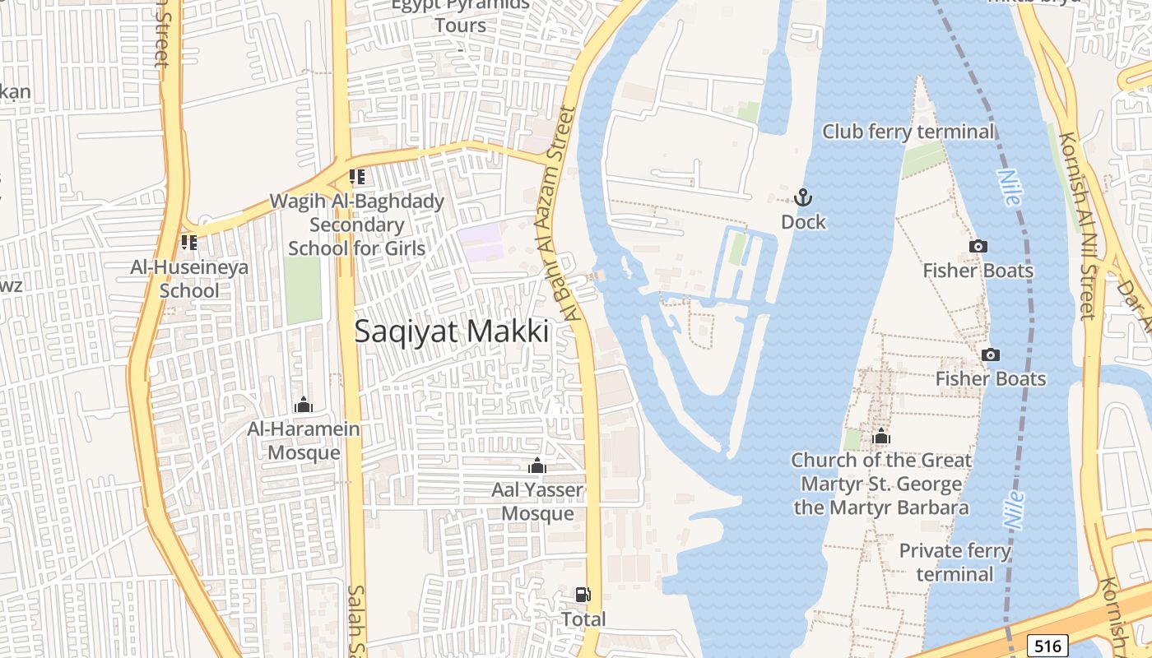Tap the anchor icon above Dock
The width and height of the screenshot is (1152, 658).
pos(802,197)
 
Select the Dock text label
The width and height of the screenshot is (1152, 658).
pos(803,222)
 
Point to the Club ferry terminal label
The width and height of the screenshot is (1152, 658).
pos(908,132)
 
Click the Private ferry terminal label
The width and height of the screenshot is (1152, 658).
pos(955,562)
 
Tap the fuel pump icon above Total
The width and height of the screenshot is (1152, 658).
pos(583,595)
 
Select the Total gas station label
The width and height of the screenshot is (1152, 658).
pos(583,619)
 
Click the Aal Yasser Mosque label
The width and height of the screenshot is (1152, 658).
pos(537,502)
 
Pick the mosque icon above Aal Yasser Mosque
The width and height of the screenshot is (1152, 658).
pos(537,466)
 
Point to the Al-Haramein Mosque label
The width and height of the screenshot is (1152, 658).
pos(304,441)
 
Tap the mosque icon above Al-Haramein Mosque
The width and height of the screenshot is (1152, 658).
pos(303,405)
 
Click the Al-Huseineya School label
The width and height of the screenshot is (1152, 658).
pos(189,279)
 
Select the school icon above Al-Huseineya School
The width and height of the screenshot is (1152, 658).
pos(189,243)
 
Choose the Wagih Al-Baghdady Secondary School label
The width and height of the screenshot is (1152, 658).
pos(357,225)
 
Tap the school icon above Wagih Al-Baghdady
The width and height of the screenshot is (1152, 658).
pos(357,177)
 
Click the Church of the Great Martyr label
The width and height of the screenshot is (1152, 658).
pos(881,484)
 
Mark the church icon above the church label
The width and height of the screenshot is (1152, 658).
pos(881,436)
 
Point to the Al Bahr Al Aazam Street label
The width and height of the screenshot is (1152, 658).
pos(559,214)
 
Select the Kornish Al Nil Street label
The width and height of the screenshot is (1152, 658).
pos(1079,226)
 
